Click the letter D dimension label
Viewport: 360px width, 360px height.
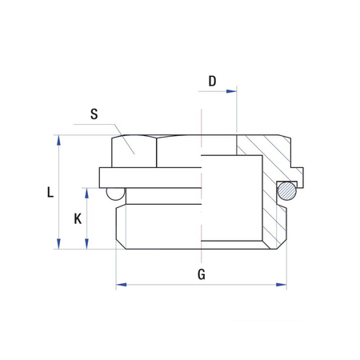tap(212, 81)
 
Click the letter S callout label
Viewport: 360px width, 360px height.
tap(94, 114)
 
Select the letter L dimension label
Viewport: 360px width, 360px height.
tap(50, 192)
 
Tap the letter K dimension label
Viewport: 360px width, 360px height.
tap(77, 218)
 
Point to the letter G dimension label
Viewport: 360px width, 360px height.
tap(202, 274)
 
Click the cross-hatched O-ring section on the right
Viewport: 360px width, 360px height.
tap(286, 190)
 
